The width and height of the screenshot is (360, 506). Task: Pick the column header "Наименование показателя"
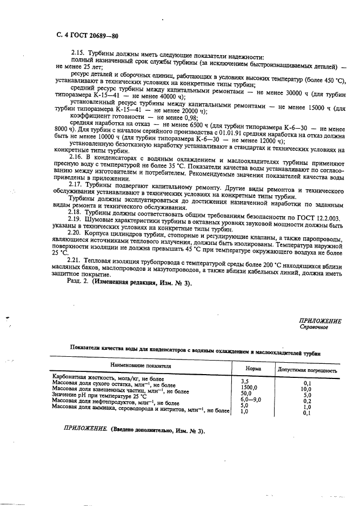click(x=141, y=366)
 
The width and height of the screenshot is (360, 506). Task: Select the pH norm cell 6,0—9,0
click(x=251, y=401)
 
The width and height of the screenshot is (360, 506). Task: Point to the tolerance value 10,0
click(x=306, y=389)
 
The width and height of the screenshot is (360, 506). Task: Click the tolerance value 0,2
click(x=306, y=402)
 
